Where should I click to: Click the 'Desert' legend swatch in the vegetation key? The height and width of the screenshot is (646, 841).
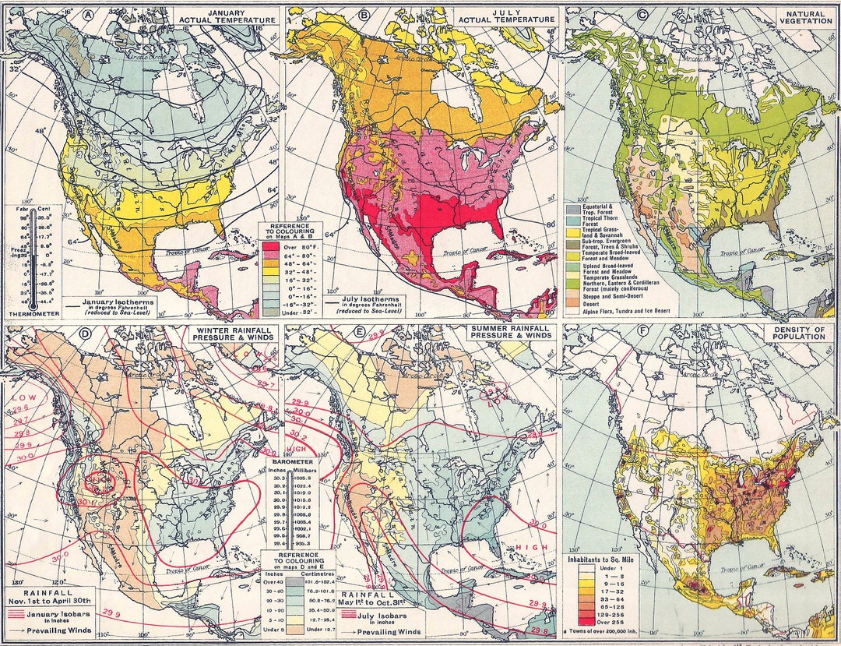pos(572,302)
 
